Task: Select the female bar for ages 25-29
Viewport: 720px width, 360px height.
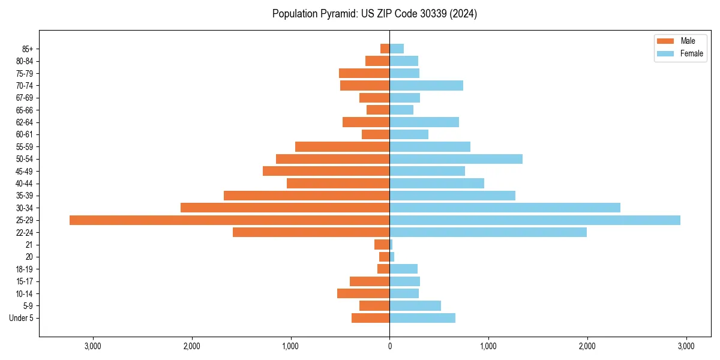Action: (x=535, y=220)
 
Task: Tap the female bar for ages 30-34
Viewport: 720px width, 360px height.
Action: (x=505, y=208)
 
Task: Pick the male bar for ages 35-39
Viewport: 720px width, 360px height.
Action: (x=307, y=196)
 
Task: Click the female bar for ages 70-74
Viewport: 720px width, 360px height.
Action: (x=426, y=85)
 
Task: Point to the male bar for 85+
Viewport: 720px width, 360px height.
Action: (x=385, y=49)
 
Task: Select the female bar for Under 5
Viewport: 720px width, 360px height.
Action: (x=422, y=318)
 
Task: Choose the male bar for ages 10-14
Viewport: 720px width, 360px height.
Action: (x=363, y=293)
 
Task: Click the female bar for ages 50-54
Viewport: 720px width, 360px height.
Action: (x=456, y=159)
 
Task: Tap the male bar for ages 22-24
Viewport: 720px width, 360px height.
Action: (x=311, y=232)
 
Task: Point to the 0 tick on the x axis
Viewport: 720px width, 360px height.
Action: (x=389, y=346)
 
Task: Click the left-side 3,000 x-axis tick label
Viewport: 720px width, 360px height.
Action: (x=93, y=346)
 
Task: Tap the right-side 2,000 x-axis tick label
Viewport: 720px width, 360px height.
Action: (x=587, y=346)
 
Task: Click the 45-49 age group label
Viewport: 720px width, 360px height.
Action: (x=25, y=171)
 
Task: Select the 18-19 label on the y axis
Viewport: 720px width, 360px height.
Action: (x=25, y=269)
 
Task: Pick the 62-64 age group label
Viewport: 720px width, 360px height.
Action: (x=25, y=122)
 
